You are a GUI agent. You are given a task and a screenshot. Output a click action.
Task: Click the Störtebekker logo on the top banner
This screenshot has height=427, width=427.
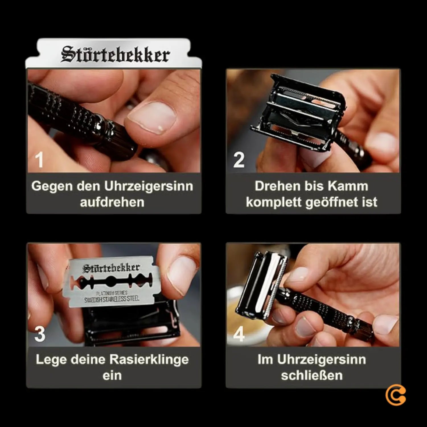tap(115, 54)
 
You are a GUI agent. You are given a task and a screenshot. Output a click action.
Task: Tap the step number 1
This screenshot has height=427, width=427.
tap(39, 160)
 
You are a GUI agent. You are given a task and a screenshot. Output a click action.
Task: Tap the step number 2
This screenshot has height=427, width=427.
tap(239, 160)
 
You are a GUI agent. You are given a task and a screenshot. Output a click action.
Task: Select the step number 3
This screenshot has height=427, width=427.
tap(40, 334)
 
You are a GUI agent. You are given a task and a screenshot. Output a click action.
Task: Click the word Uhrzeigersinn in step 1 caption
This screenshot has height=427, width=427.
tap(148, 186)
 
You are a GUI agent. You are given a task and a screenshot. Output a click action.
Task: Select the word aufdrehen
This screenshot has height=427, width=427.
tap(112, 202)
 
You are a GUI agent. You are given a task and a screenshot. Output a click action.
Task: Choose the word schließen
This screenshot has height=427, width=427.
tap(312, 375)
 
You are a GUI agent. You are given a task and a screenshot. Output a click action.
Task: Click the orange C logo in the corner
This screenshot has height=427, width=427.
tap(395, 396)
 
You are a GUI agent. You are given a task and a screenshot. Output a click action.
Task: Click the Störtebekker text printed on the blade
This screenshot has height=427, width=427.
tap(111, 268)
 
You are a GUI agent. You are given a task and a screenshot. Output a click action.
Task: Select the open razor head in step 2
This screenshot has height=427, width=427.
tap(299, 111)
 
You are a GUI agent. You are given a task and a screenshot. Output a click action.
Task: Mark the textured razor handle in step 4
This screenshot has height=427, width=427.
tap(327, 310)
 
